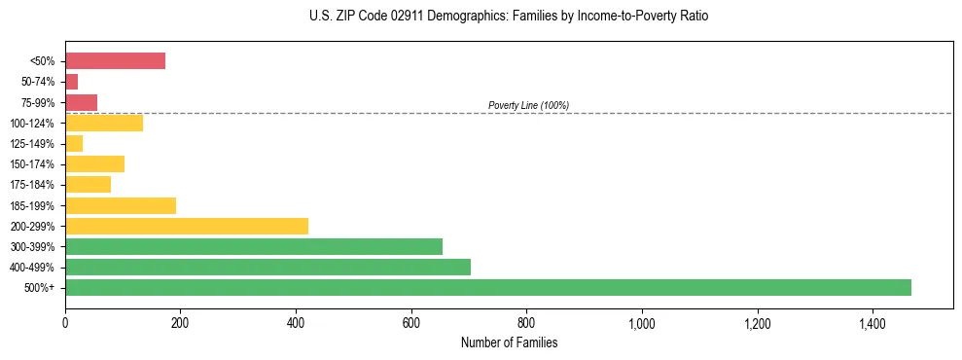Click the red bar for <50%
click(115, 61)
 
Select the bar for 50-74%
click(71, 82)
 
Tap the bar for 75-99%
click(81, 102)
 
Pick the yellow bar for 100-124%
click(104, 123)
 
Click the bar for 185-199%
click(121, 205)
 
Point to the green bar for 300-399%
click(254, 246)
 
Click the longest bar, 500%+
click(488, 287)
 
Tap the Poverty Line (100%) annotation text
click(528, 105)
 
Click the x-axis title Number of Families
click(509, 342)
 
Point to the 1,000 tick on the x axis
click(642, 323)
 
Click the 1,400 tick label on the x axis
click(873, 323)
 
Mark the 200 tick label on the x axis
click(180, 323)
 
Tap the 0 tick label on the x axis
click(65, 323)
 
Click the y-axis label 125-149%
click(32, 144)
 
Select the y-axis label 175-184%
click(32, 185)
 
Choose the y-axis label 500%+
click(40, 288)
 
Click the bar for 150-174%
click(94, 163)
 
